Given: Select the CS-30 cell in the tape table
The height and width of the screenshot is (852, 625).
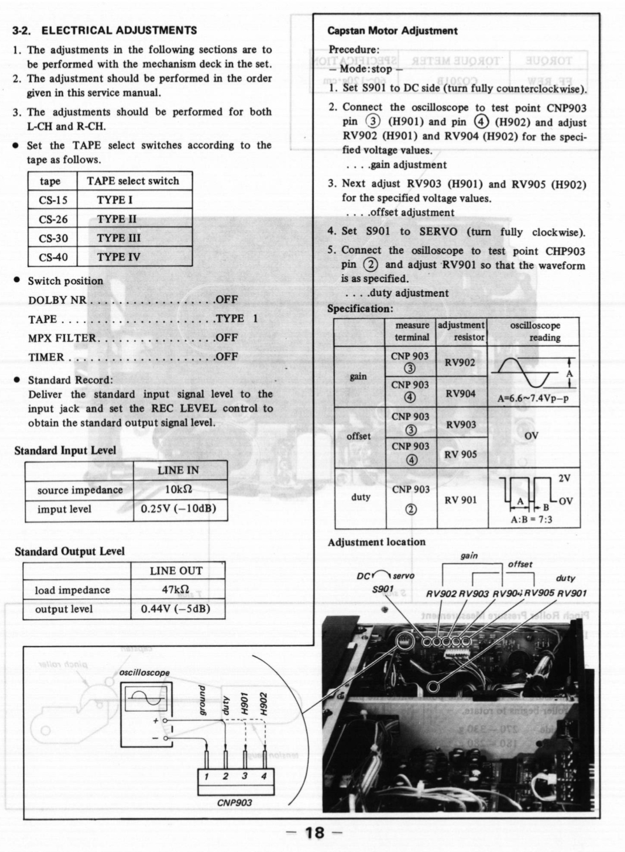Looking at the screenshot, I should pos(53,238).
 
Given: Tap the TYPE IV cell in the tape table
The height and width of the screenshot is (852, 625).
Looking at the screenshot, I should pos(118,257).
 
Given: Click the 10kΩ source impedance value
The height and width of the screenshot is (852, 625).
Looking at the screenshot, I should pos(178,490).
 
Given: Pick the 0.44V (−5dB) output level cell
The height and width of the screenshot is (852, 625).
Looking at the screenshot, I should pos(176,609).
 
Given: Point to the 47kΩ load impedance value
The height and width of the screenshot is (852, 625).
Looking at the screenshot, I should pos(176,590).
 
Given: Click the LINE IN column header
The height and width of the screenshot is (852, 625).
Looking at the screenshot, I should pos(178,470).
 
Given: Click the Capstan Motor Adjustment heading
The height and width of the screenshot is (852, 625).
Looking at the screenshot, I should pos(392,31).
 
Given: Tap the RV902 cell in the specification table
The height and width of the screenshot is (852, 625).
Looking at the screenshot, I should pos(460,362).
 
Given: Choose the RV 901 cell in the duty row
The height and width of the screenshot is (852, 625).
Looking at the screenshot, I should pos(461,500).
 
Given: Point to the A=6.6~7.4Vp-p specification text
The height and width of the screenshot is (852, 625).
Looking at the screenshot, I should pos(533,399).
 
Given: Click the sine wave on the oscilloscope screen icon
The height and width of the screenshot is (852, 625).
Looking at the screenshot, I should pos(143,700).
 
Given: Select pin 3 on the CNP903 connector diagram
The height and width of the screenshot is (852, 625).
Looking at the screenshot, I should pos(245,776).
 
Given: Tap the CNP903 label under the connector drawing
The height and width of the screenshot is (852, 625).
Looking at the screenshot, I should pos(234,803).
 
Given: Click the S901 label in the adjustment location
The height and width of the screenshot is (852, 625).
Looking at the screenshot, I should pos(383,589).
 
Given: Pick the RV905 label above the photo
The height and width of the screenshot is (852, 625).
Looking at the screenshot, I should pos(539,593).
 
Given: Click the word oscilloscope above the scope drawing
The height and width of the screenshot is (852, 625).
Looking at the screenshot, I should pos(144,672).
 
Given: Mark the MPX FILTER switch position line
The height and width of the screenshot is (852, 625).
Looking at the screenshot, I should pos(133,338).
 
